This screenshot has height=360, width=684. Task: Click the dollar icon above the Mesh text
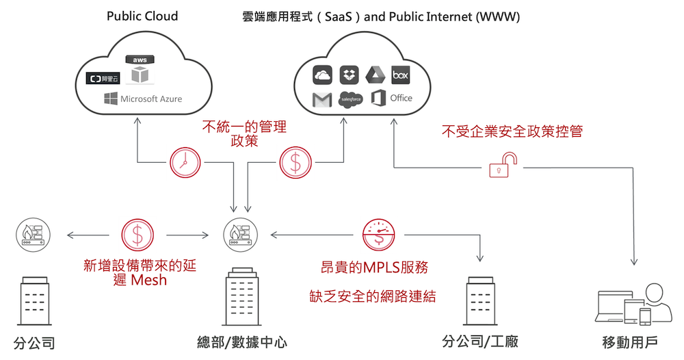[137, 235]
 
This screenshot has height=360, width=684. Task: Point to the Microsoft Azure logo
[143, 99]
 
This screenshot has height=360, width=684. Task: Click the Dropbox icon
[349, 75]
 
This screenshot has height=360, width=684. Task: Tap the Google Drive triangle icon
[376, 75]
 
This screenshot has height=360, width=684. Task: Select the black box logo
[401, 75]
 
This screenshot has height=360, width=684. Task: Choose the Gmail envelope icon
[321, 100]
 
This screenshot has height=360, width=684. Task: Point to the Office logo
[391, 99]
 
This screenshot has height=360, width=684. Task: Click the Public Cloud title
[142, 16]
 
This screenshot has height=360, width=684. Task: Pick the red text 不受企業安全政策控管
[512, 131]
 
